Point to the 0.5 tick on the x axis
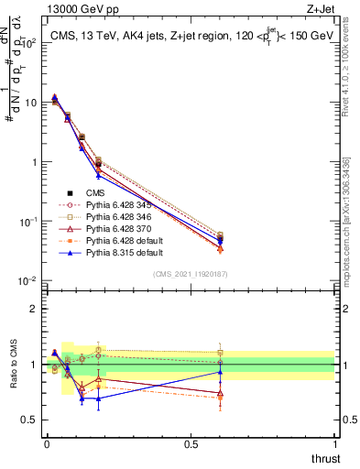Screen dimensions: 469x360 pos(191,444)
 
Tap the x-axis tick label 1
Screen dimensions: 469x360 pos(334,444)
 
